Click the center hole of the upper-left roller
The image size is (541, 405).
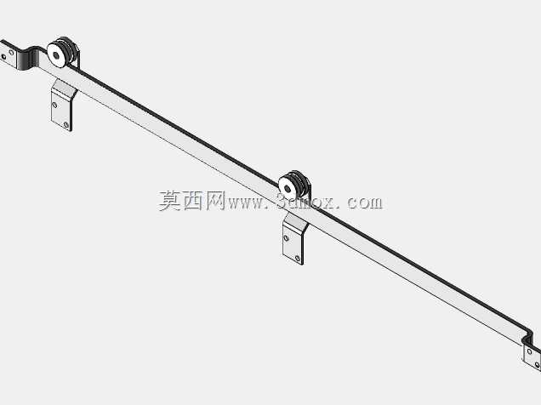56,54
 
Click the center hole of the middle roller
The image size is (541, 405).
288,188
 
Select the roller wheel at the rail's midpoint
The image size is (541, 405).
293,186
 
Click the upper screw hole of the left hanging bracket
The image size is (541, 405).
54,104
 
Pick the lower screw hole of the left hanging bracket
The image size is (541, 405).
65,124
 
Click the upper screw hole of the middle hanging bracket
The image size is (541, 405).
286,238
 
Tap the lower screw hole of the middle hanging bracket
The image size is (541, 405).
298,258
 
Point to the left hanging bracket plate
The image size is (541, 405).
62,106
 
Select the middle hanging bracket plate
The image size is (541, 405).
293,240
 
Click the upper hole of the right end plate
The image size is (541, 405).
529,351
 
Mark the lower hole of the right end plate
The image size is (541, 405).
538,365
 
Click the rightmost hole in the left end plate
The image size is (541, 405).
11,53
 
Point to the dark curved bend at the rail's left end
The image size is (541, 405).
28,59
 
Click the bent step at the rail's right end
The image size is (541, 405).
528,337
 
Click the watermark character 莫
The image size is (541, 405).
170,201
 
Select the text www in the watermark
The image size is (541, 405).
245,203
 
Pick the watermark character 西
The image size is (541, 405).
192,201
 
